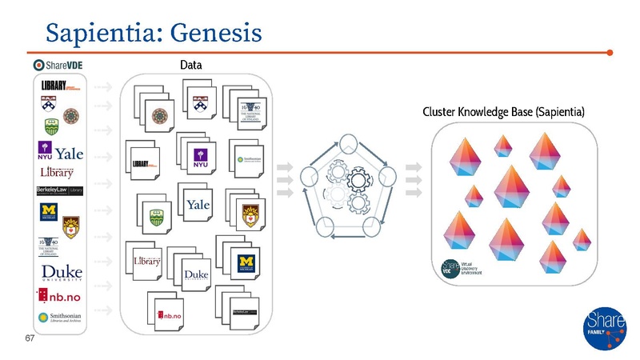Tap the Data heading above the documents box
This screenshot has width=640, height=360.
click(190, 64)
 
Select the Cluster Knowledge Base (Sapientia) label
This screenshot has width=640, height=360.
click(504, 111)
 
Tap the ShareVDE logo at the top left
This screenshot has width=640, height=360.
click(61, 65)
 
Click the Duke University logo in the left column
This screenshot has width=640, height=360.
click(61, 273)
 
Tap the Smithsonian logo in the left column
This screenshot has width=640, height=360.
click(61, 319)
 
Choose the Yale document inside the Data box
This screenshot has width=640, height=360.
click(198, 206)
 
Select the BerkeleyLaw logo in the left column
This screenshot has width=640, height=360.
click(60, 190)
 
